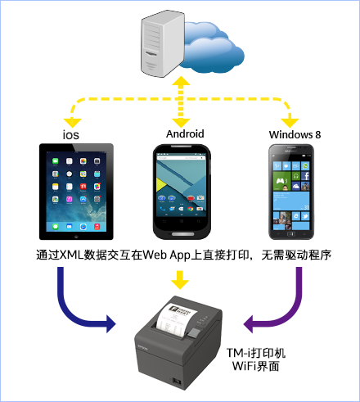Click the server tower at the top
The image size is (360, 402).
163,43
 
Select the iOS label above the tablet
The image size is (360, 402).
71,135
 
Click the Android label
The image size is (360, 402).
185,133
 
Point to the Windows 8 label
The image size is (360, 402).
295,134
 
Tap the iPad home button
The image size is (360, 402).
76,236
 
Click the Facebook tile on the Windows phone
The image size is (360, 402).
305,175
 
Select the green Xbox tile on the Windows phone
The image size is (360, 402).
282,181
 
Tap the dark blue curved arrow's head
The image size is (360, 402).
110,324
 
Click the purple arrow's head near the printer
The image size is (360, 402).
248,324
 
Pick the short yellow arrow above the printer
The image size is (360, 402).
180,280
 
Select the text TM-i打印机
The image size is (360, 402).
256,353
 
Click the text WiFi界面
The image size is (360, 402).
256,366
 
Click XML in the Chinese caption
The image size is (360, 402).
71,255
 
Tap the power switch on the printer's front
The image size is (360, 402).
177,381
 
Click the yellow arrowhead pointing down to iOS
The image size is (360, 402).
72,123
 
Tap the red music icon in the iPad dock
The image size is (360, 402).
97,227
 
